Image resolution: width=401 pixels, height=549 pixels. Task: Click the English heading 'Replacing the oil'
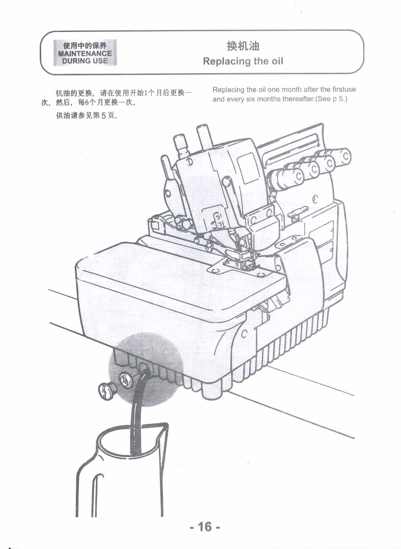(243, 61)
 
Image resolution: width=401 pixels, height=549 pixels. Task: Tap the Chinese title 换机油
(243, 46)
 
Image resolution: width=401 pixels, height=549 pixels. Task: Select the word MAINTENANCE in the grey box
(85, 54)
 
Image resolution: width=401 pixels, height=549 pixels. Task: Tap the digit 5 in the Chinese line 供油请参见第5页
(104, 116)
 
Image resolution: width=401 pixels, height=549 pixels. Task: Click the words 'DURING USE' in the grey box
(85, 61)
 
